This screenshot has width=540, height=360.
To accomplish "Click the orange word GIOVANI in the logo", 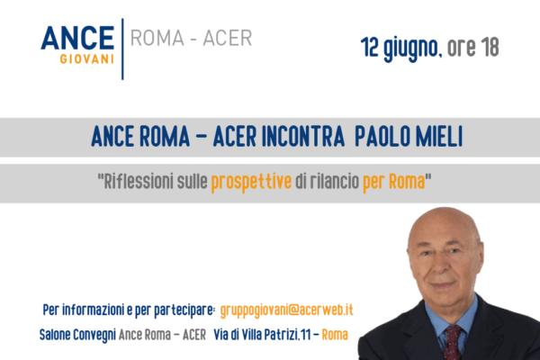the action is coord(86,58).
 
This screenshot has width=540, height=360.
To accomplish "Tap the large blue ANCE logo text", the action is coord(77,38).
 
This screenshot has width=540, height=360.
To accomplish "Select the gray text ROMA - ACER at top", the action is coord(191,38).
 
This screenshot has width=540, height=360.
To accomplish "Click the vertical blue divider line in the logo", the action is coord(122,49).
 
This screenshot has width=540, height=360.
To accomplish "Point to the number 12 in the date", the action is coord(370,47).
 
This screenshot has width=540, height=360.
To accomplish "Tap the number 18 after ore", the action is coord(490,47).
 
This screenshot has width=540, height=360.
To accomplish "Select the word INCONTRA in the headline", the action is coord(303,137).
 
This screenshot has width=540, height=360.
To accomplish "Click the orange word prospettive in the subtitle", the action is coord(251,182).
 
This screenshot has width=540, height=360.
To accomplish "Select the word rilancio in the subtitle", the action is coord(335,181).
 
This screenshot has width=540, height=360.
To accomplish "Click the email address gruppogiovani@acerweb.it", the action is coord(286,310).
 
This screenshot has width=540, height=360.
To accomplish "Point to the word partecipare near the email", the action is coord(184,310).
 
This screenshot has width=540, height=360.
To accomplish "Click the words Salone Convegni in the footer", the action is coord(77,335).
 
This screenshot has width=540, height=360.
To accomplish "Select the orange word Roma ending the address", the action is coord(335,335).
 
